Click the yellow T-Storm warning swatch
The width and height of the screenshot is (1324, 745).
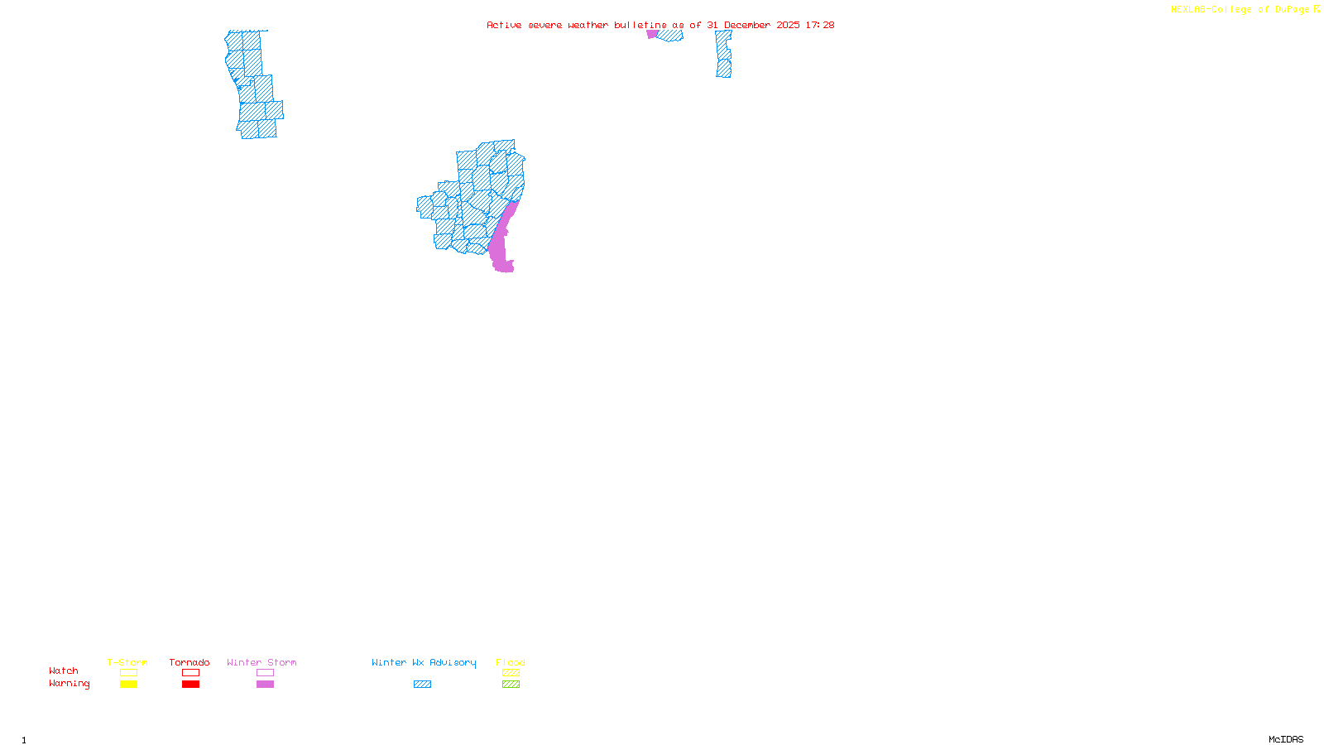(128, 685)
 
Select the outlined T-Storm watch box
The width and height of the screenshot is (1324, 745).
(128, 673)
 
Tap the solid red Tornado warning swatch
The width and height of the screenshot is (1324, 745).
(190, 685)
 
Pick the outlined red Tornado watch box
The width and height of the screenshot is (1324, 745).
(190, 673)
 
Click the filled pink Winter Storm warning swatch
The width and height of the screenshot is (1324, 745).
(265, 685)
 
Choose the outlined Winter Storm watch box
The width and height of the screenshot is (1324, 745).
(265, 673)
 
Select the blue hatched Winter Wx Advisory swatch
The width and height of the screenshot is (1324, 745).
(422, 685)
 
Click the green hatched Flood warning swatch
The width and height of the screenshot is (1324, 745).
(511, 685)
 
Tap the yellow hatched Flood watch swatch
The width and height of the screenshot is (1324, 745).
(511, 673)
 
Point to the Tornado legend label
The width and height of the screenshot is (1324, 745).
(189, 662)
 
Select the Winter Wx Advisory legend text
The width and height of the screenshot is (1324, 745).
(424, 662)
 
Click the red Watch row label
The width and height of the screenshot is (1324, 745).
(64, 671)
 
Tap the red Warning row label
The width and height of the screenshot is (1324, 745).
(70, 684)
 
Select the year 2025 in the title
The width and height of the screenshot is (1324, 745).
(788, 26)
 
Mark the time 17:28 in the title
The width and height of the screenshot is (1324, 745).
(820, 26)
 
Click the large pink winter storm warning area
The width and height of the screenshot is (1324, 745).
(501, 244)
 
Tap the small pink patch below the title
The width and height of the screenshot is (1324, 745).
(652, 35)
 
